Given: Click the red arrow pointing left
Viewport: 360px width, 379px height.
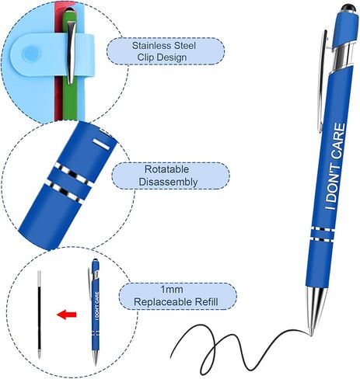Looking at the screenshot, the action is coord(66,315).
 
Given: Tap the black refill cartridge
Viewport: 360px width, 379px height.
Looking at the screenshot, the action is coord(39,315).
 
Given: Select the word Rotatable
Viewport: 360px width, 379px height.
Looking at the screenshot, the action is coord(166,169).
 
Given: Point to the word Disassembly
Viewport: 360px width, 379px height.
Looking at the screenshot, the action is coord(168,182).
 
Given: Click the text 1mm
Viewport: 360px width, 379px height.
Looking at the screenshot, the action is coord(172,290).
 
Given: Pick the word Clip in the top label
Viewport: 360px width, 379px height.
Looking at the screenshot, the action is coord(145,57).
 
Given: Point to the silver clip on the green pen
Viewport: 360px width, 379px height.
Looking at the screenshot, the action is coord(71,53).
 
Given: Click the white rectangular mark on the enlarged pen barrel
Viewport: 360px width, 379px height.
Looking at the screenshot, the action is coord(102,144).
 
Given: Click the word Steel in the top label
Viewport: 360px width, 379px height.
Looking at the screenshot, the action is coord(185,46).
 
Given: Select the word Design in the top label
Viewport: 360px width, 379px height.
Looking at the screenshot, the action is coord(172,57).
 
